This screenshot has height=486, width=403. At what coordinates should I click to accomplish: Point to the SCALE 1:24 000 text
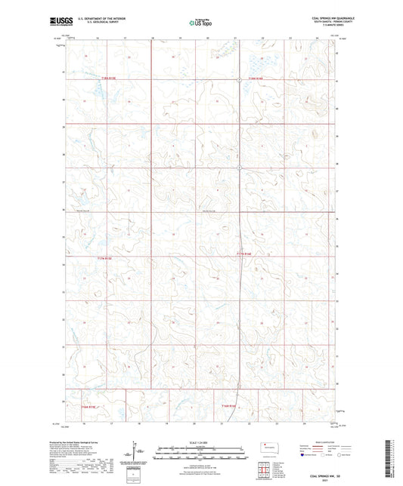click(x=200, y=442)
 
